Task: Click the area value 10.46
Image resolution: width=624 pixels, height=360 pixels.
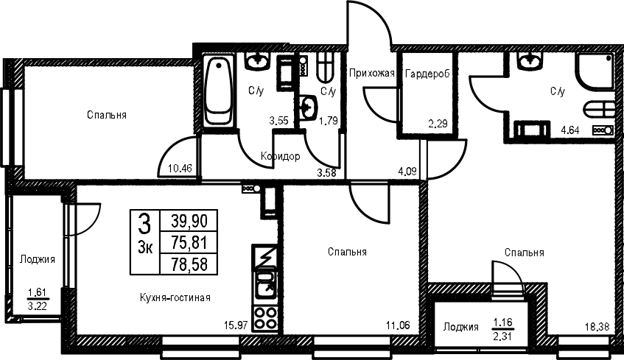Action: click(x=180, y=169)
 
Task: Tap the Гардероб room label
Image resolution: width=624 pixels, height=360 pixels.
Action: click(x=427, y=74)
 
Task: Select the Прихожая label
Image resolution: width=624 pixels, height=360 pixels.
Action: click(x=372, y=73)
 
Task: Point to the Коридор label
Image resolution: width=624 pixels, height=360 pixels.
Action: click(x=281, y=157)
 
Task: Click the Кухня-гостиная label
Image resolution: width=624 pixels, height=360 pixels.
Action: click(x=175, y=297)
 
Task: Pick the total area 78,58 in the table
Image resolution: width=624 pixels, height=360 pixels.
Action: click(x=189, y=264)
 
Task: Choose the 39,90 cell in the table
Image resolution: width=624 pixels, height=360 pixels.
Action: click(x=189, y=220)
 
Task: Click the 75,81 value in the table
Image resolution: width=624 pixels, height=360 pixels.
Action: click(x=189, y=242)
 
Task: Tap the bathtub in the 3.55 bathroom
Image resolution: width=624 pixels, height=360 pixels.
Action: click(x=217, y=91)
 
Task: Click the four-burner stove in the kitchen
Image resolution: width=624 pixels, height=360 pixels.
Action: click(x=265, y=318)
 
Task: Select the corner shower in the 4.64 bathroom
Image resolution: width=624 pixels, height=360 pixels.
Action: click(x=595, y=71)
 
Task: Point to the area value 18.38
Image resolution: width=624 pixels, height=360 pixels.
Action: click(x=597, y=328)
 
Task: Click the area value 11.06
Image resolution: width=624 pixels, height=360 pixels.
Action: click(x=399, y=326)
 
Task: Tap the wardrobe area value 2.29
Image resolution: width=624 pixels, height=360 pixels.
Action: click(x=438, y=124)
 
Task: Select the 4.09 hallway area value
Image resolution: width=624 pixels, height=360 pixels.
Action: click(x=407, y=172)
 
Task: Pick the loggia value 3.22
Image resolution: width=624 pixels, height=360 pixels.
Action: click(x=37, y=306)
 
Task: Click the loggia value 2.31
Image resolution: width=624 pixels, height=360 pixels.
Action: click(x=503, y=336)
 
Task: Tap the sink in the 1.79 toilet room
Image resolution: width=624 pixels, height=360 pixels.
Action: click(x=309, y=107)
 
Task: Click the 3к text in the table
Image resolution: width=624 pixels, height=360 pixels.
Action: click(x=145, y=248)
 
